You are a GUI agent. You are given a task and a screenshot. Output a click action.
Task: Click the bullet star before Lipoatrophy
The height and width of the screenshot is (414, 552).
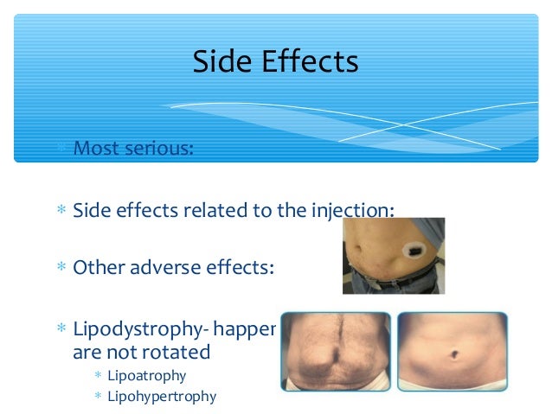99,376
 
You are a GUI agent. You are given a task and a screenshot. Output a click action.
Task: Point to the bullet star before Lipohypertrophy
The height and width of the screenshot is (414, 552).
99,398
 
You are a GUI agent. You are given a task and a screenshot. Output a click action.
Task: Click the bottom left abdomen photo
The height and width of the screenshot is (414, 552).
335,352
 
